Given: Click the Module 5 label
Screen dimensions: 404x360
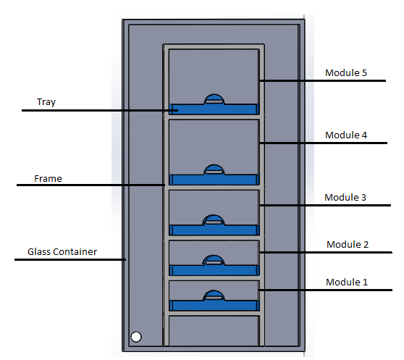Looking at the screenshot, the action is [346, 72].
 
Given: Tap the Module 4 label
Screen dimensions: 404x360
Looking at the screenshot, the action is [346, 135].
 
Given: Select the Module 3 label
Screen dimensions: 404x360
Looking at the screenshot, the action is [345, 198].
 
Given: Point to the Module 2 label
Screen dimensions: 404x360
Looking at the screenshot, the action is [348, 244].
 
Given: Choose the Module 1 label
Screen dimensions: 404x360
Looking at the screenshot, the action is [347, 282].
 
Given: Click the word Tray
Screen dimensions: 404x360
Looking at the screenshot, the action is [46, 102].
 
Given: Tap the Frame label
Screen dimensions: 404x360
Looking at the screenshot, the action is [49, 179].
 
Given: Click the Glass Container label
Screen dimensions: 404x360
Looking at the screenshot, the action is [62, 252].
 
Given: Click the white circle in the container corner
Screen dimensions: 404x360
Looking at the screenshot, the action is [136, 337].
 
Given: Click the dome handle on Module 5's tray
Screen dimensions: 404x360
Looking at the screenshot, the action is [214, 99].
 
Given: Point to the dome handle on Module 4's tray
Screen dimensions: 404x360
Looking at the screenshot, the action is [214, 169].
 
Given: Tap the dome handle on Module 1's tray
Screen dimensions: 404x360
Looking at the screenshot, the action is [214, 296].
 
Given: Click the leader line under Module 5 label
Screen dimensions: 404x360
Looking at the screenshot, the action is [323, 80].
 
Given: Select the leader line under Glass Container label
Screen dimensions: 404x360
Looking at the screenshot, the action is [70, 259].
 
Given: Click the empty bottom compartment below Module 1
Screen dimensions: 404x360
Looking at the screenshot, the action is [214, 331].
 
